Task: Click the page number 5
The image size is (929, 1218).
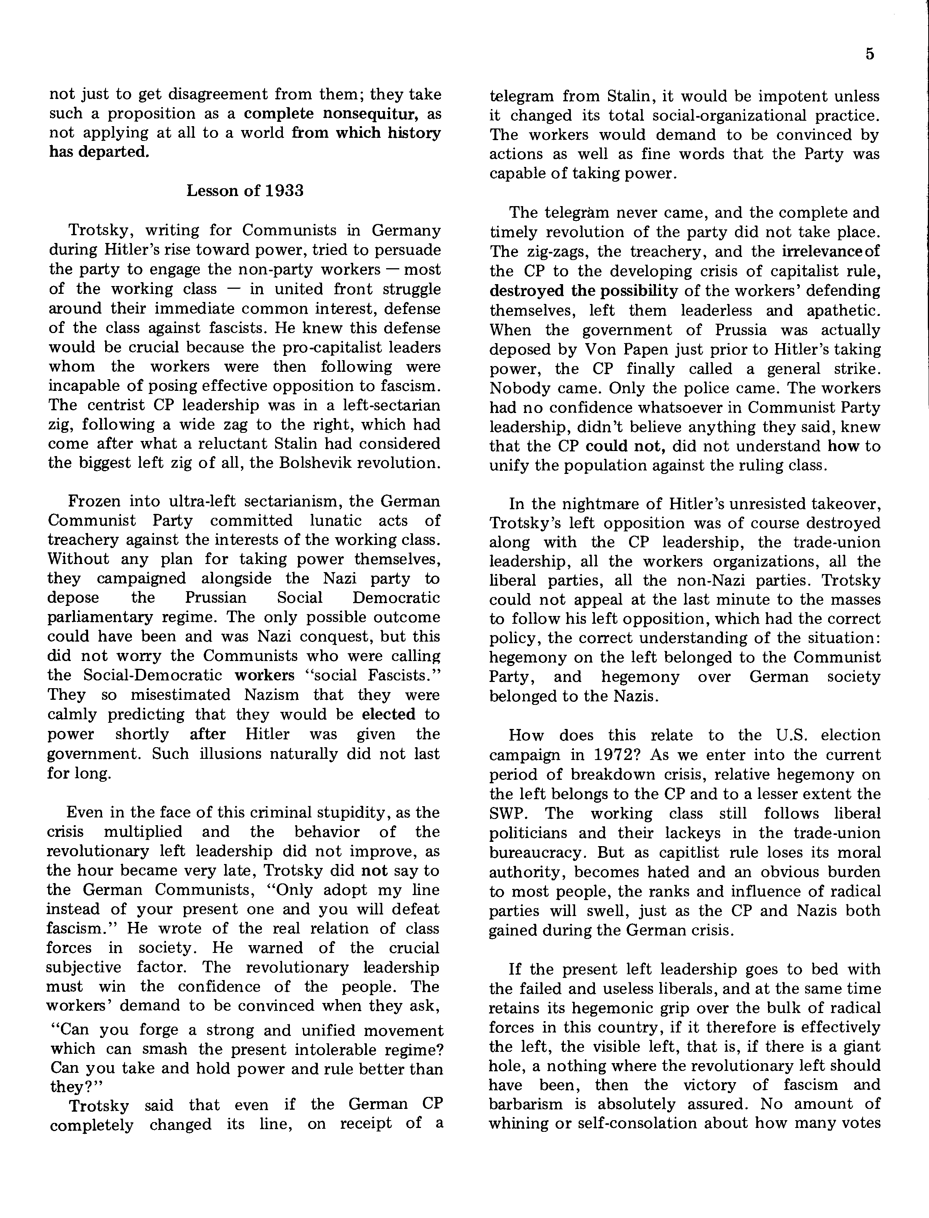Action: click(870, 54)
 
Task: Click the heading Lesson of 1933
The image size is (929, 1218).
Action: click(245, 191)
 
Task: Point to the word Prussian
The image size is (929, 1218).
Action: click(216, 598)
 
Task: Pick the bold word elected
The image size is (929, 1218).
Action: click(388, 714)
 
